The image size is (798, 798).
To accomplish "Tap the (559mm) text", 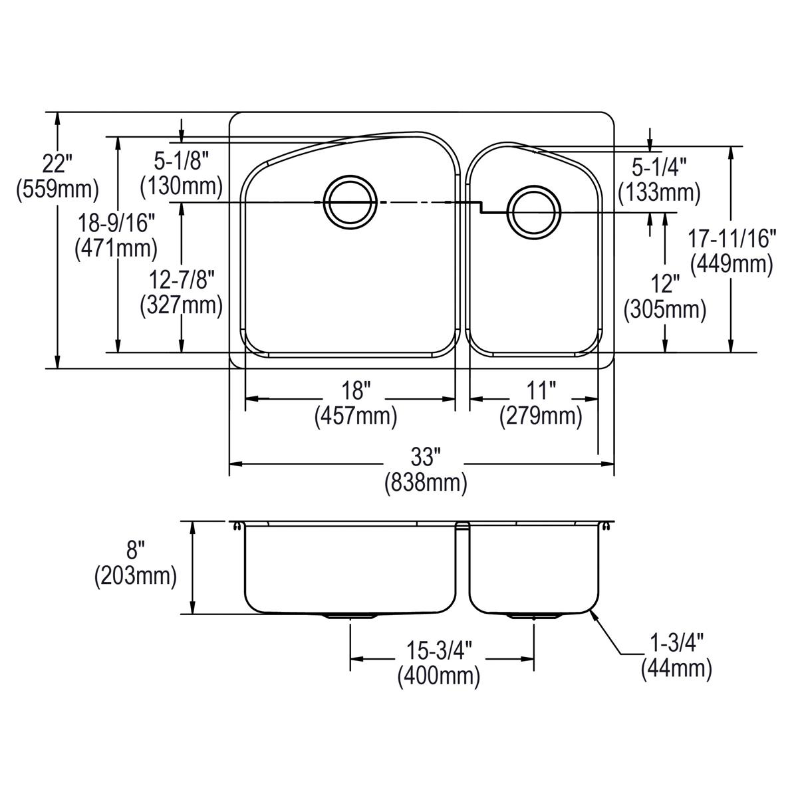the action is [x=57, y=190].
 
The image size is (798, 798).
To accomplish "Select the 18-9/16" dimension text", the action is [x=116, y=224].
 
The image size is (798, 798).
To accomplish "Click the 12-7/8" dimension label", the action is [x=182, y=280].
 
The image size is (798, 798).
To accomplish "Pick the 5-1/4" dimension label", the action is [x=659, y=168].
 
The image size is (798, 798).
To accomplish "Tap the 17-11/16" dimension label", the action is [x=731, y=239].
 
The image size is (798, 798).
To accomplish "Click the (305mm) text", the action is [x=664, y=310].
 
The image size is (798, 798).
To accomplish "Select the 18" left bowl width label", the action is [x=356, y=390].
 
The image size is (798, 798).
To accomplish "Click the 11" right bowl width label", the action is [x=541, y=390].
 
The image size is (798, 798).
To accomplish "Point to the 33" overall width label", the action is [x=426, y=457].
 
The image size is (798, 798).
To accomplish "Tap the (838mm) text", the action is [x=426, y=482].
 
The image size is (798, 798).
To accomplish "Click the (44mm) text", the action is [x=676, y=669].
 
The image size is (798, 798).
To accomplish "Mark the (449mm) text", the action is [x=731, y=264].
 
